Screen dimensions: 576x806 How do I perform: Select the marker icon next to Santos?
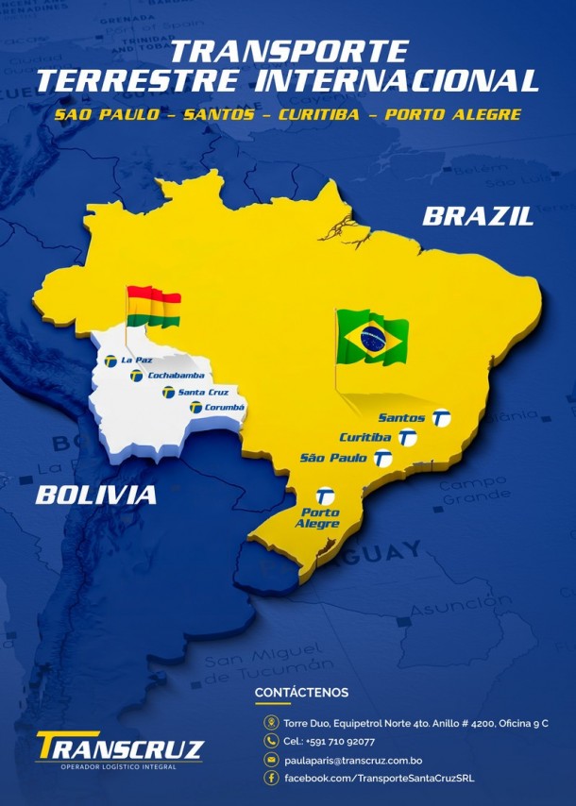point(441,418)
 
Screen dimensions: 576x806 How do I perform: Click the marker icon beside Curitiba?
point(408,438)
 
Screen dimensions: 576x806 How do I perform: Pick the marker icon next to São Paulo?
point(382,459)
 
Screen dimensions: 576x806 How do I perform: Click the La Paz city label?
point(136,360)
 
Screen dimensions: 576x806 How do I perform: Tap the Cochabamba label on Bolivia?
point(170,376)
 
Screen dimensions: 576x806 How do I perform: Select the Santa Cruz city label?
point(203,392)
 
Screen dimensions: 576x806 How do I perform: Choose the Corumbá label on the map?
point(225,407)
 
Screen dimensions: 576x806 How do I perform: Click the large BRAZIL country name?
point(478,216)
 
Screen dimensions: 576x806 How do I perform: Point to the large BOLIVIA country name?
point(96,495)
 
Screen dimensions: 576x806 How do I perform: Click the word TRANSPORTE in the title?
point(289,51)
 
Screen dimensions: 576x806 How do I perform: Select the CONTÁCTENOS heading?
point(301,694)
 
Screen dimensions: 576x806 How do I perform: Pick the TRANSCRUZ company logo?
point(119,749)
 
